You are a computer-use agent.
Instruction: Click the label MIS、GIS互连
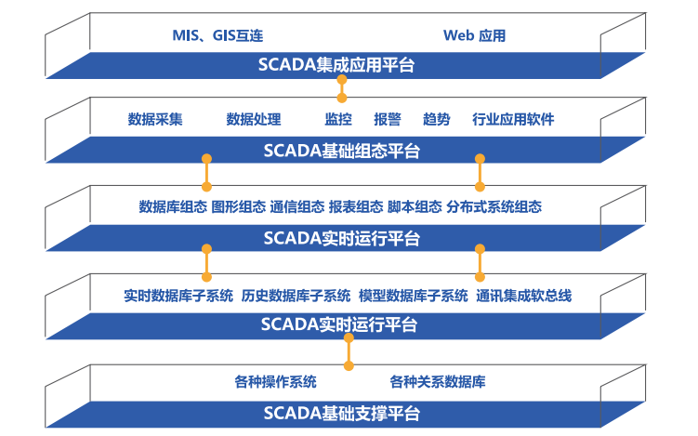[217, 35]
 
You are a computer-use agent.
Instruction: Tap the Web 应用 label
[474, 35]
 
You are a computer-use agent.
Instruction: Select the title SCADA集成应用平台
[336, 65]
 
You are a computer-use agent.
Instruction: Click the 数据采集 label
[155, 119]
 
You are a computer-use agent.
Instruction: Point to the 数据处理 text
[254, 119]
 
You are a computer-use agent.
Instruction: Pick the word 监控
[338, 119]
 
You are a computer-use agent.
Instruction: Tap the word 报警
[388, 119]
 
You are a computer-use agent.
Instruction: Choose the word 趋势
[436, 119]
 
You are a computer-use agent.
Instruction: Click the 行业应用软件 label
[513, 119]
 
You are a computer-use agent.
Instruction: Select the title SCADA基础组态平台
[342, 151]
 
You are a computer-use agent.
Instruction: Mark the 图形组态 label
[239, 206]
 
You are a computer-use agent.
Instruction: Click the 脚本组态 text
[415, 206]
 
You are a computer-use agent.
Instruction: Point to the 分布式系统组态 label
[494, 206]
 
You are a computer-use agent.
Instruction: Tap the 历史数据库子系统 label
[296, 296]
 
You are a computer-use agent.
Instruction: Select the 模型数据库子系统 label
[414, 296]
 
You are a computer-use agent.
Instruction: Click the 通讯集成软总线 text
[524, 296]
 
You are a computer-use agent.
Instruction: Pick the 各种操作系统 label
[275, 382]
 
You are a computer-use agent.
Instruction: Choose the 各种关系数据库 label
[438, 382]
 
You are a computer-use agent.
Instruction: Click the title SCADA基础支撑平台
[342, 414]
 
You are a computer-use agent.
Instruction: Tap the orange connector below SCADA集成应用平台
[342, 88]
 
